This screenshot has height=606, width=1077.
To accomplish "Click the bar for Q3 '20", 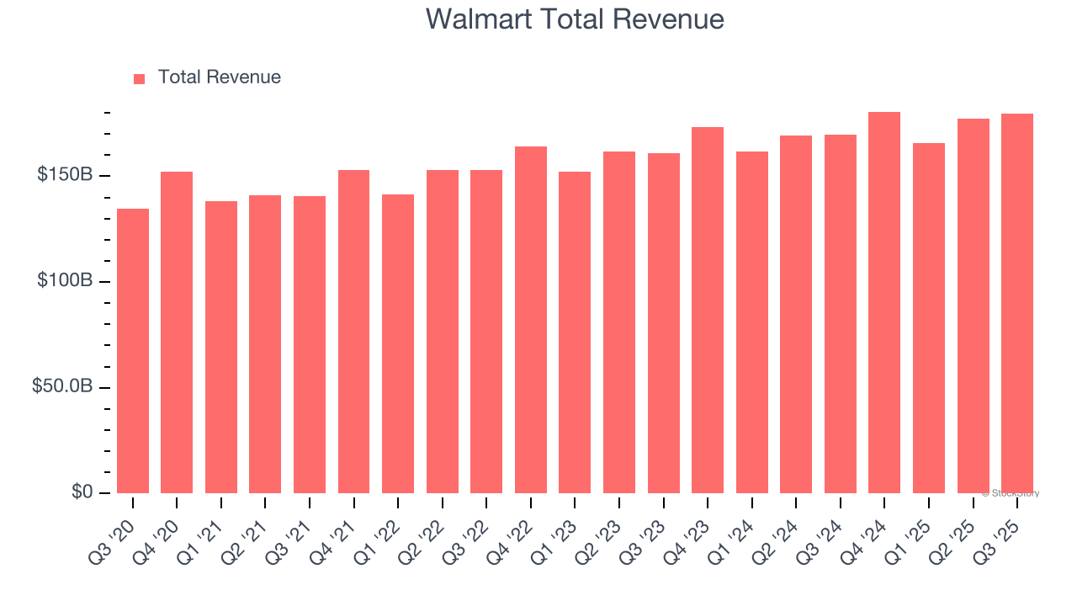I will click(x=133, y=351).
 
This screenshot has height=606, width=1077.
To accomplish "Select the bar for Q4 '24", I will click(x=884, y=303).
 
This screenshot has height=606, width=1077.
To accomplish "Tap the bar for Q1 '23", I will click(x=575, y=332).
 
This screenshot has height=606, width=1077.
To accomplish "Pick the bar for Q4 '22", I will click(x=531, y=320).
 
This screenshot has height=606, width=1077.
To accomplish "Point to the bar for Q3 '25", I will click(x=1017, y=303).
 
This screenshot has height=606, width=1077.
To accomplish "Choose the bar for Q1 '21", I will click(x=221, y=347).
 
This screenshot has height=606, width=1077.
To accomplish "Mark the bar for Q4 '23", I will click(x=708, y=310).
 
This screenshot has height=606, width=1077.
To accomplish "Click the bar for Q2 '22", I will click(x=443, y=332).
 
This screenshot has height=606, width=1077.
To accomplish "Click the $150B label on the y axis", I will click(x=64, y=175).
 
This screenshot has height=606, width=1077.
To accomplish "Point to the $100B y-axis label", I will click(x=64, y=281).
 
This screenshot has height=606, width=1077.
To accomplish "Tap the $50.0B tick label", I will click(x=61, y=387).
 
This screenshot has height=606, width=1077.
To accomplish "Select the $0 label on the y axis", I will click(x=82, y=492).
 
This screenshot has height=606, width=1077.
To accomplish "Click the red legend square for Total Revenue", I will click(x=140, y=79).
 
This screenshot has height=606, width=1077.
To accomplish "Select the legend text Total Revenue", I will click(x=219, y=77).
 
